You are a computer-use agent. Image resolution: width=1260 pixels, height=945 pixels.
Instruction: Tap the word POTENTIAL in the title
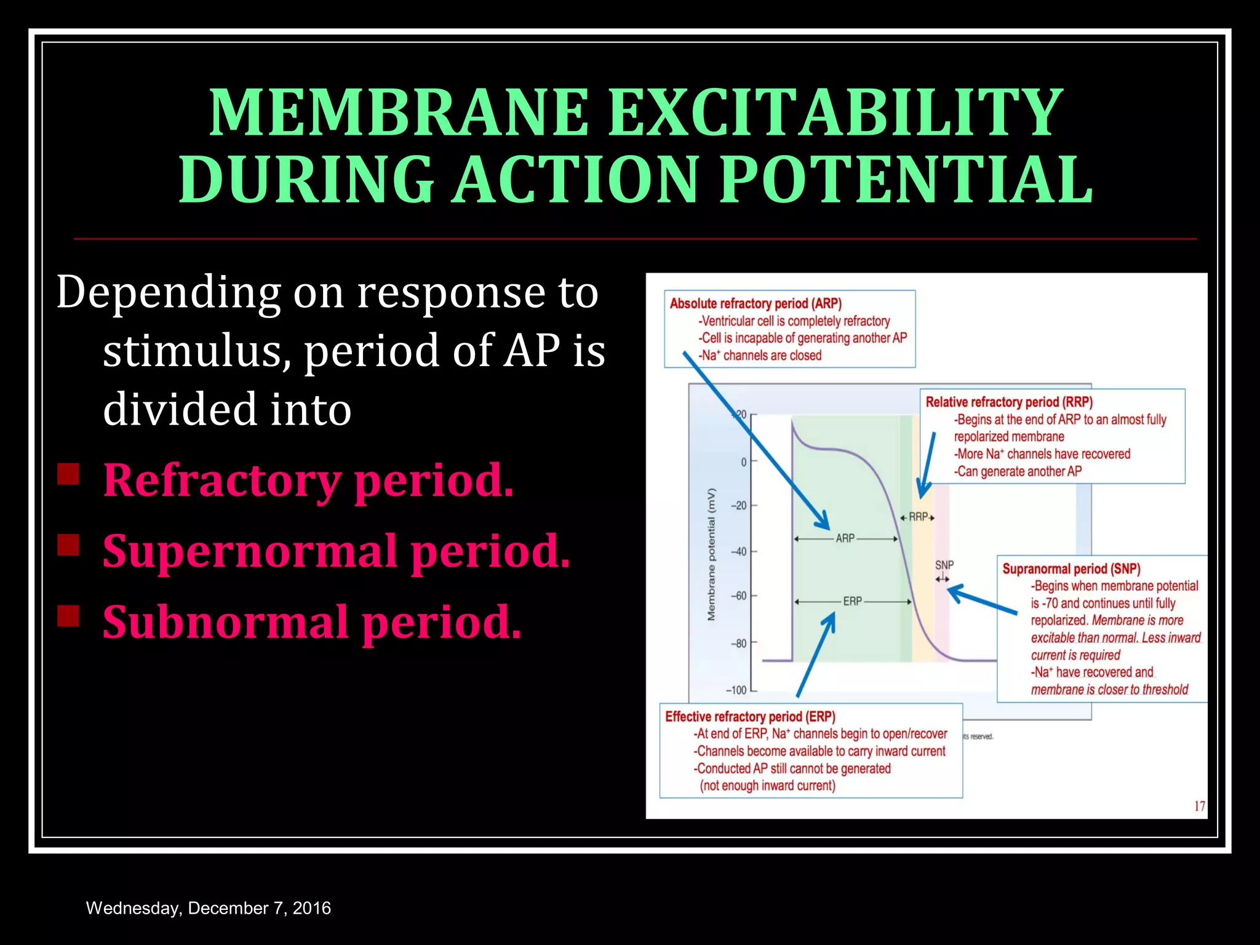coord(906,180)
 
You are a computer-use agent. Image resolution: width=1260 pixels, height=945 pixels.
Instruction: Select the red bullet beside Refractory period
coord(68,474)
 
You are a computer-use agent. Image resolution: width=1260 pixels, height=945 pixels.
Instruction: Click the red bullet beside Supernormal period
coord(68,545)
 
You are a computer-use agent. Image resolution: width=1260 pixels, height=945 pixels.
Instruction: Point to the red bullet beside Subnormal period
coord(68,616)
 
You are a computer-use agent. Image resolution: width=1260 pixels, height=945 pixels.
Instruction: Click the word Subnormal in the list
coord(225,623)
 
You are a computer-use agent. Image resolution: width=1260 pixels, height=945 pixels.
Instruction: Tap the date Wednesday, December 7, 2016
coord(208,908)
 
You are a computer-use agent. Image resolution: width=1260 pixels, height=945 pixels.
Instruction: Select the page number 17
coord(1199,806)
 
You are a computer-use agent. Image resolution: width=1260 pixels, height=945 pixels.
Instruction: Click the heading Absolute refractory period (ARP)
coord(756,303)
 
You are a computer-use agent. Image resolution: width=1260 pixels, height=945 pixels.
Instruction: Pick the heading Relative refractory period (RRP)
coord(1009,402)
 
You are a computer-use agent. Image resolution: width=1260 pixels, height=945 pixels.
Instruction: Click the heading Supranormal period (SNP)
coord(1071,568)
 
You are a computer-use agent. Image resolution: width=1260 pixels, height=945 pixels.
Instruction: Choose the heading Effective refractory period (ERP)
coord(750,716)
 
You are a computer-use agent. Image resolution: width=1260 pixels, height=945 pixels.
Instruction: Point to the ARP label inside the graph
coord(845,538)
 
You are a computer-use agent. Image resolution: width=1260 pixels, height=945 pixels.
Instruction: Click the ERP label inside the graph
coord(852,601)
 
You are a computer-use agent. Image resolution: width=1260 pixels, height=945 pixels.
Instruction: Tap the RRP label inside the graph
coord(918,517)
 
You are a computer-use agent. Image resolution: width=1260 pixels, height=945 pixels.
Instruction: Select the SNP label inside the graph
coord(944,565)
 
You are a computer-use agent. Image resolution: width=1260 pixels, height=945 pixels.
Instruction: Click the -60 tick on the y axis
coord(739,596)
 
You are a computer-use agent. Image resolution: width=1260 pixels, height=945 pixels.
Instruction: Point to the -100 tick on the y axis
coord(736,690)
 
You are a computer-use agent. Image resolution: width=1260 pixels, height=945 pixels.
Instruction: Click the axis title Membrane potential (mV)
coord(712,554)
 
